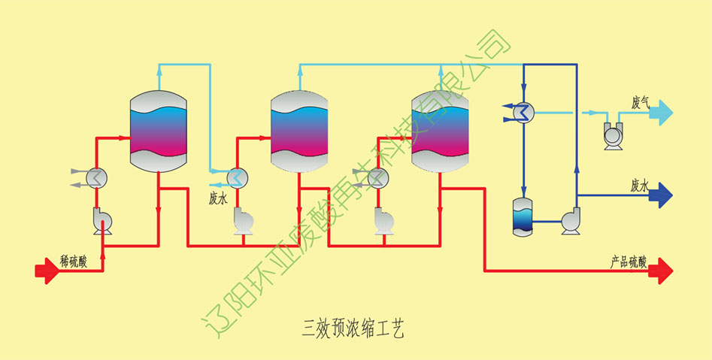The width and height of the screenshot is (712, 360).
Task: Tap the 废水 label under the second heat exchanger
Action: (218, 200)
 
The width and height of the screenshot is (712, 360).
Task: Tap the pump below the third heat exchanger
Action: (384, 220)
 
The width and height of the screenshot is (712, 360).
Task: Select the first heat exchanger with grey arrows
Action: (96, 177)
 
